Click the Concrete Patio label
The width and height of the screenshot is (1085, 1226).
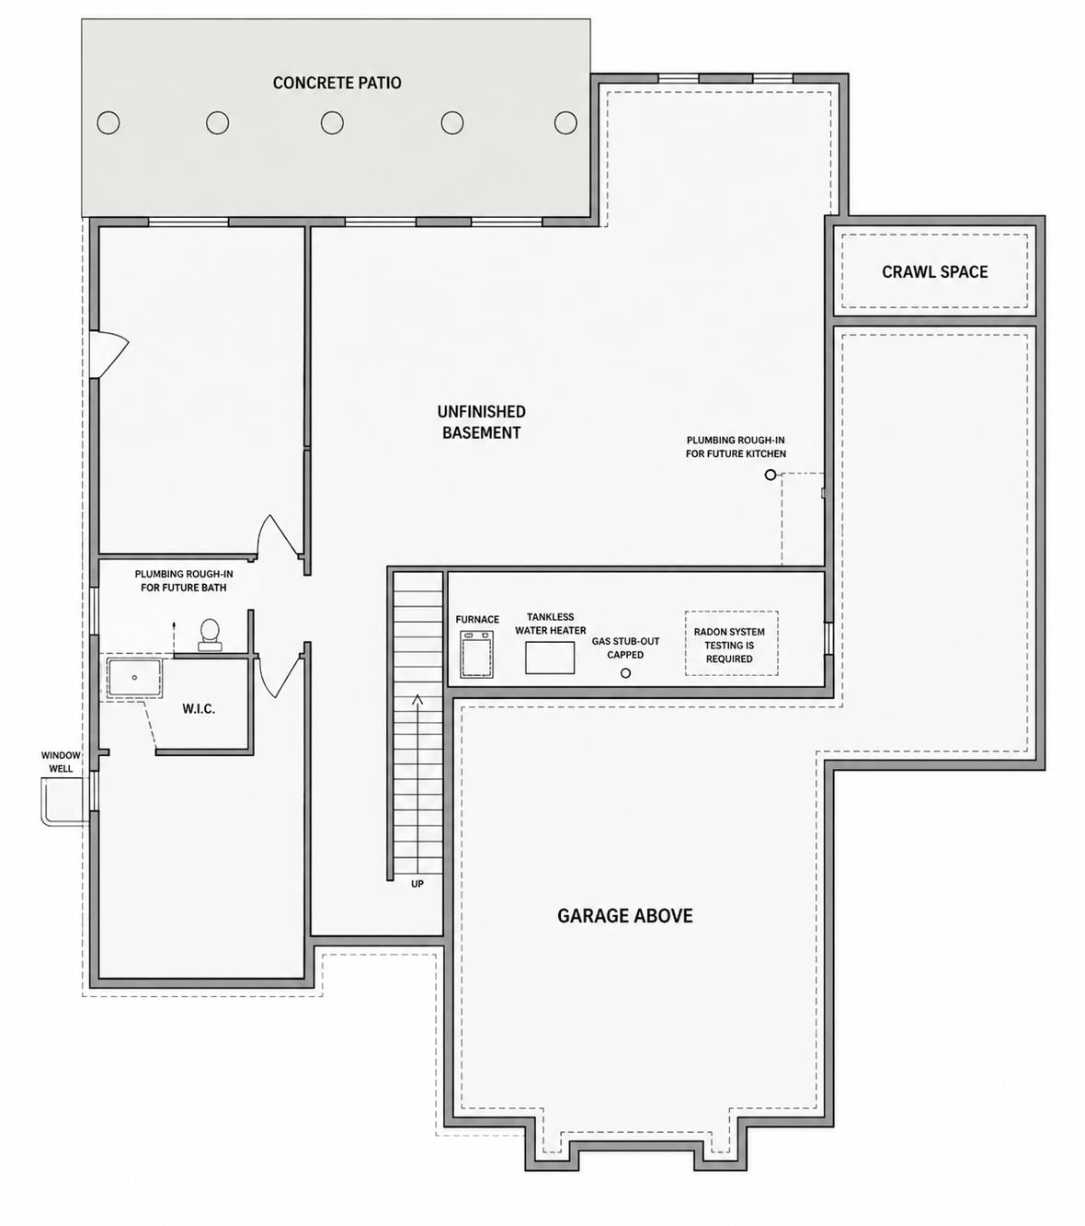[337, 83]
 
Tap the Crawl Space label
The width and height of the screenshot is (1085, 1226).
[934, 272]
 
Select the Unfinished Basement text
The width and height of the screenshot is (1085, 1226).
[481, 422]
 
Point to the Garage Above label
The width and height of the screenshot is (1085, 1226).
[624, 915]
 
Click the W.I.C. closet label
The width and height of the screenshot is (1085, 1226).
[199, 708]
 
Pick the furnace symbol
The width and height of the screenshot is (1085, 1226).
[477, 654]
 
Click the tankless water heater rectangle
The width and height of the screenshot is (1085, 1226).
[550, 658]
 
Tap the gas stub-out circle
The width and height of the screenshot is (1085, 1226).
[625, 673]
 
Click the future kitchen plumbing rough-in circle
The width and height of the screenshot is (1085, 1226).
[770, 475]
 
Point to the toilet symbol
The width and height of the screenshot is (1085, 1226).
[210, 635]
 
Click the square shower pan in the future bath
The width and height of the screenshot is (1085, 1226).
[134, 679]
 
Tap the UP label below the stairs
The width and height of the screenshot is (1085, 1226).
[417, 884]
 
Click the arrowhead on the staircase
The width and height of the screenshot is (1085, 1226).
[417, 700]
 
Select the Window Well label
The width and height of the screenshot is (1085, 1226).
[61, 762]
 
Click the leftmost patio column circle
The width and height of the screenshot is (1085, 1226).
[108, 123]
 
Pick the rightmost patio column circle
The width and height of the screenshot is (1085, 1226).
[565, 122]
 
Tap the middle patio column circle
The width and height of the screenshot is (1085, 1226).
[332, 123]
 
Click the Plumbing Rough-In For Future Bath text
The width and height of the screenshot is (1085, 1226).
[183, 580]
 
